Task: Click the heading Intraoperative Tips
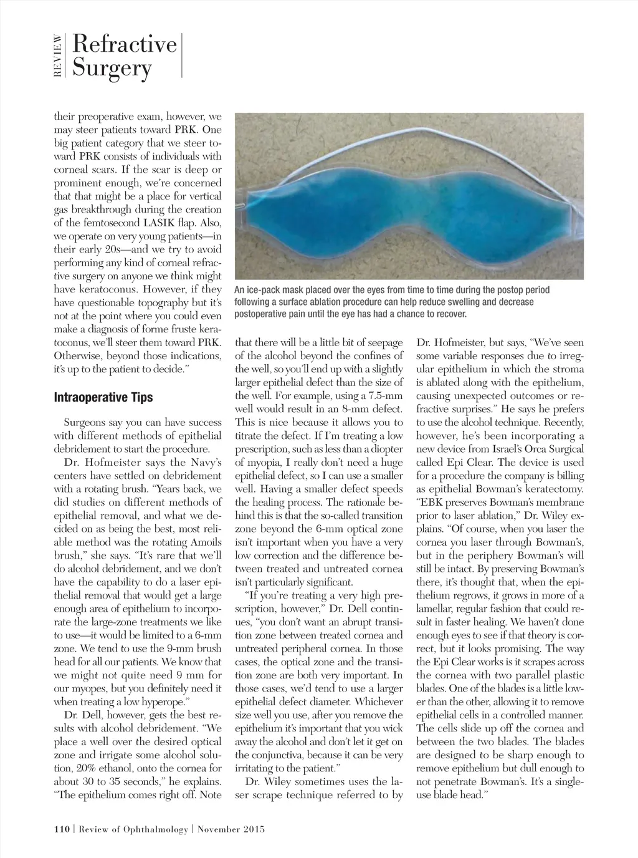point(103,398)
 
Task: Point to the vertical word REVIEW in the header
point(58,55)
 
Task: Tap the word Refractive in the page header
point(124,44)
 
